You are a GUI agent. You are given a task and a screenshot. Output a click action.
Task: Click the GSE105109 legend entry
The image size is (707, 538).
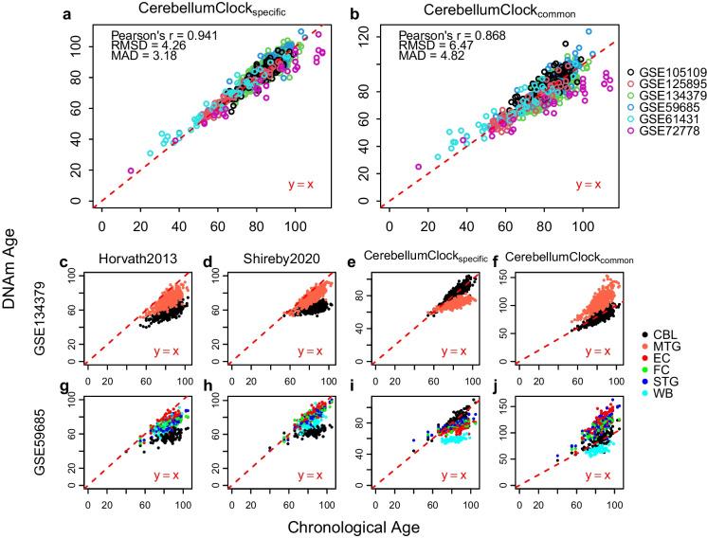point(667,72)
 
